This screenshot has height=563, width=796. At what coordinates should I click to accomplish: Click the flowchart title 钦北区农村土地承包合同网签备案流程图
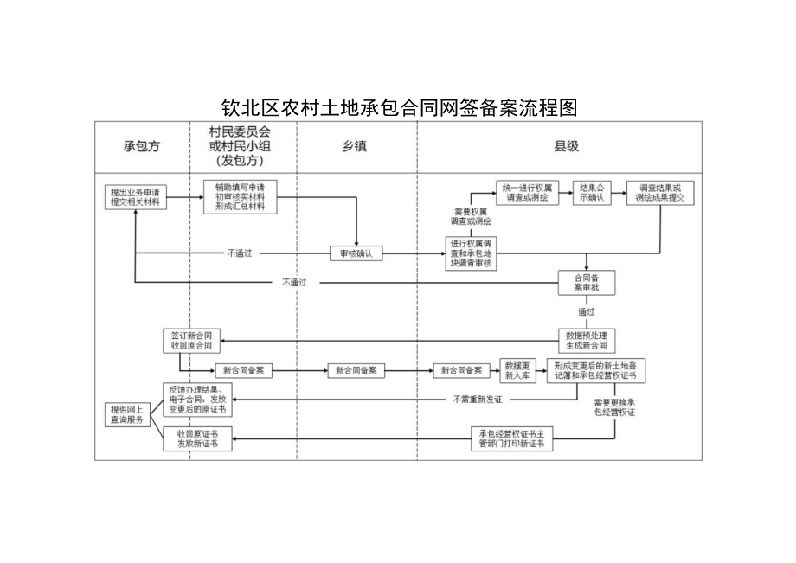pos(398,108)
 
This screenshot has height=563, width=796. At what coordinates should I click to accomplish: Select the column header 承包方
pos(142,146)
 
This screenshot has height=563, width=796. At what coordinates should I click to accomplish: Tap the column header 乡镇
pos(355,146)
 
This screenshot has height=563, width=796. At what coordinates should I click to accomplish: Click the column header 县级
pos(566,146)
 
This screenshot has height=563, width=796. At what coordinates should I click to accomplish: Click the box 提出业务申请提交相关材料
pos(136,196)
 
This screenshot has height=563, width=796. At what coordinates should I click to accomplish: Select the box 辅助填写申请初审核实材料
pos(240,197)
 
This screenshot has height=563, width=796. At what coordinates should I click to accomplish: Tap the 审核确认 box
pos(356,253)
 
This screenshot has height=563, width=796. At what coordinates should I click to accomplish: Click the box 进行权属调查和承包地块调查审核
pos(472,253)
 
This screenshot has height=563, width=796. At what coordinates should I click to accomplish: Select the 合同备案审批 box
pos(587,282)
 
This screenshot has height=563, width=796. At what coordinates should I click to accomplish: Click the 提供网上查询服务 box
pos(129,413)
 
